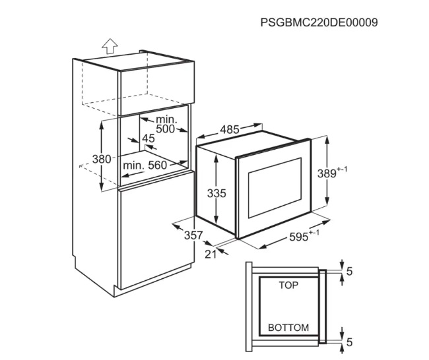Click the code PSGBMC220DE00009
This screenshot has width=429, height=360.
(x=319, y=22)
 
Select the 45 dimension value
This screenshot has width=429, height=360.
(x=148, y=138)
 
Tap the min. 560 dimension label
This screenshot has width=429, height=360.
(x=145, y=165)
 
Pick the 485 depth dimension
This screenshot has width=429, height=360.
(x=229, y=130)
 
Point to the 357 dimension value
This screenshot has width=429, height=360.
(x=193, y=235)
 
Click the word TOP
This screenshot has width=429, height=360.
(x=288, y=285)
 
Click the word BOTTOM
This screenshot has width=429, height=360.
(x=288, y=328)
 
